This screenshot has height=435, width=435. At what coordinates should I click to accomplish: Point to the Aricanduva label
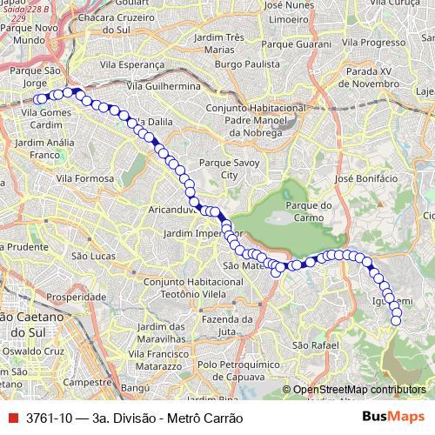point(151,211)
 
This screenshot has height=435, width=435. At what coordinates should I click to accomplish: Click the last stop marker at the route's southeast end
point(396,321)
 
